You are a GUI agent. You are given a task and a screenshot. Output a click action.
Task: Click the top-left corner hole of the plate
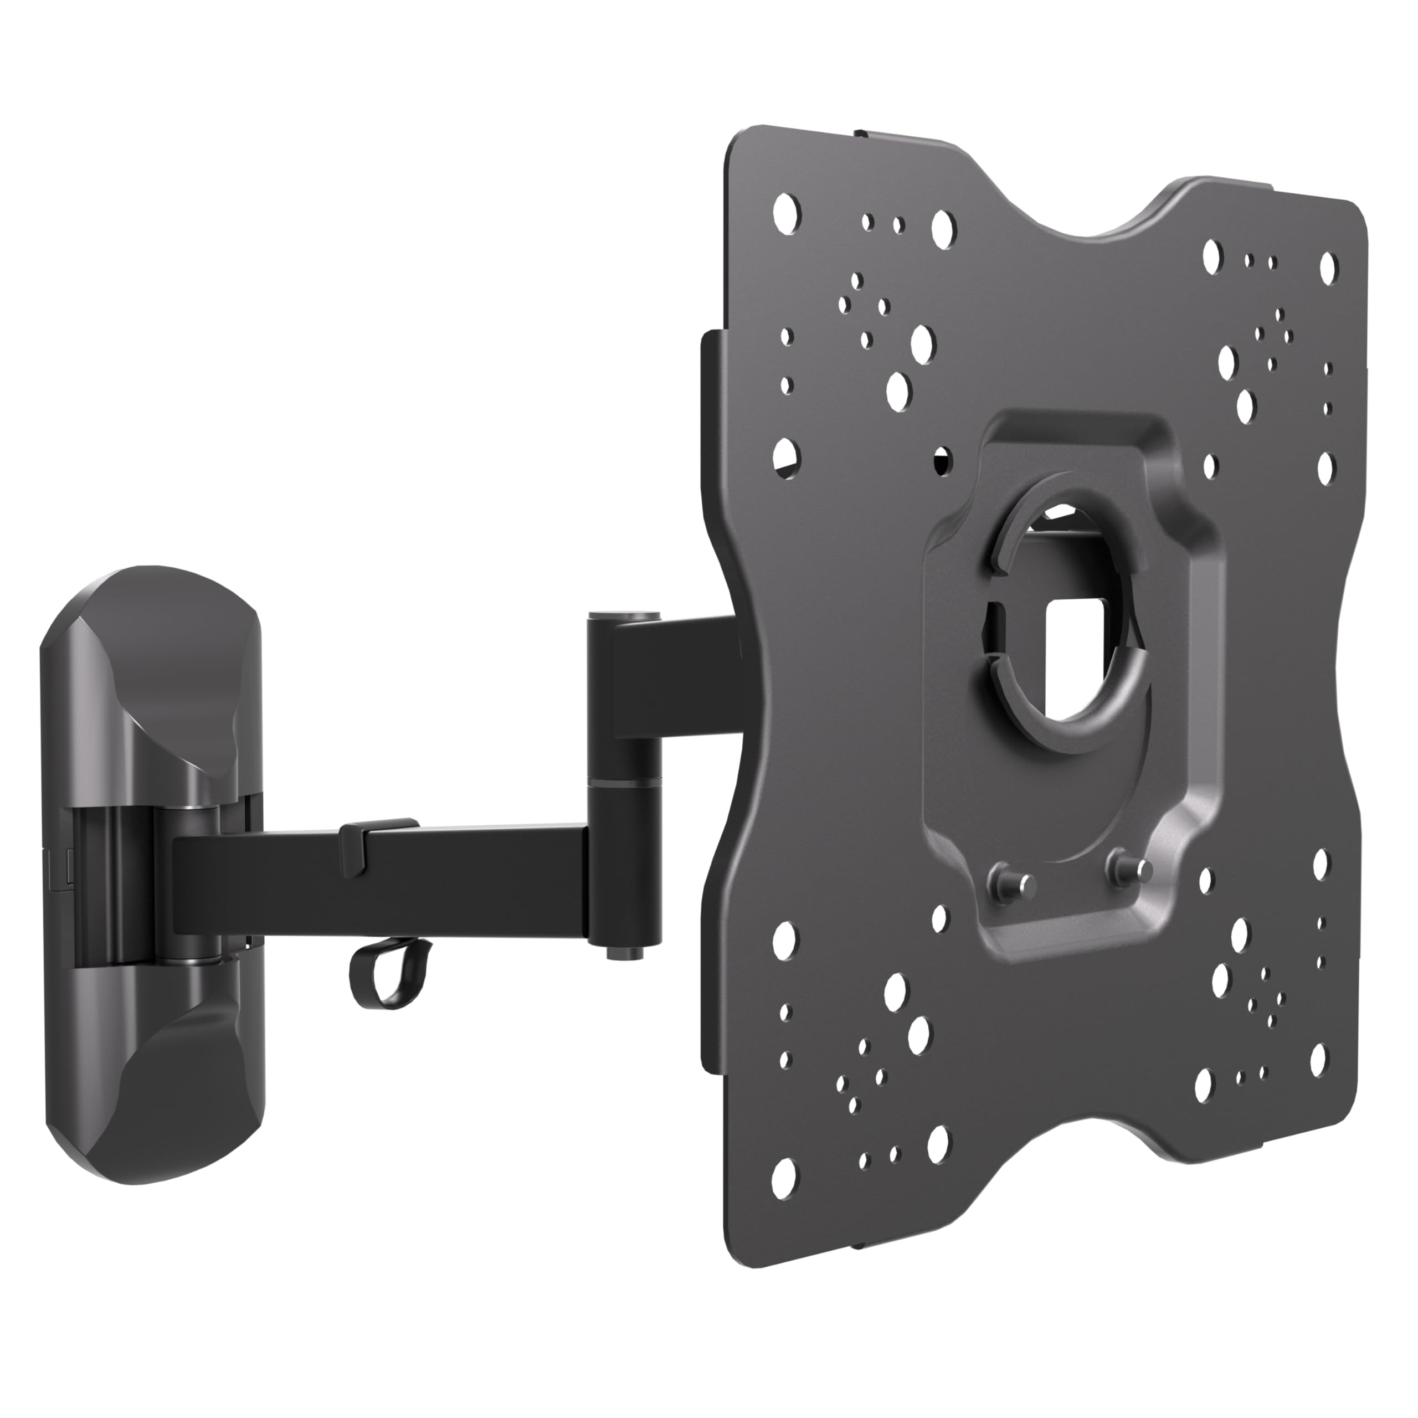(x=787, y=210)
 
